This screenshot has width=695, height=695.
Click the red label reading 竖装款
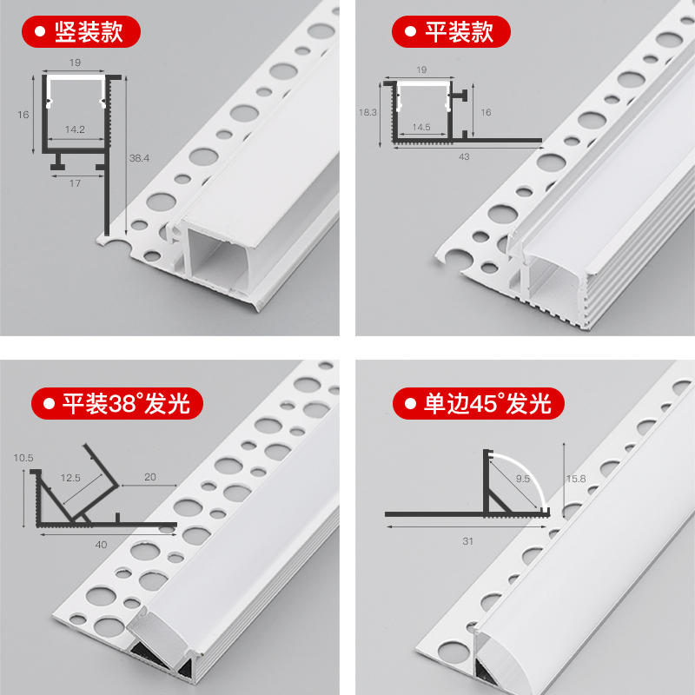(x=81, y=31)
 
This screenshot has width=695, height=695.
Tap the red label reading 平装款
(x=451, y=31)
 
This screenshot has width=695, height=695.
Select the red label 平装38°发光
(x=117, y=403)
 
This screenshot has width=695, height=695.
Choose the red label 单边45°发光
(x=479, y=403)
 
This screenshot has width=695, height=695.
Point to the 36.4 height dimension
(x=139, y=158)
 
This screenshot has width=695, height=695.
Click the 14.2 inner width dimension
(x=75, y=129)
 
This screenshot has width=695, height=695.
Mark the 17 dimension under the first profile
(x=75, y=183)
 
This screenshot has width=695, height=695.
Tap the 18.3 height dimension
(x=367, y=112)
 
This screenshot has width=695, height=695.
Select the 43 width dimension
(x=464, y=157)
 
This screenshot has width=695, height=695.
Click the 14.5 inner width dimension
(x=421, y=127)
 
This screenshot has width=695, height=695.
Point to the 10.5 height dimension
(x=23, y=458)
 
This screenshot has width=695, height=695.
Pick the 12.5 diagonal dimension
(x=70, y=478)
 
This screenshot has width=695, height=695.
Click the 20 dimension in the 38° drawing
(x=150, y=477)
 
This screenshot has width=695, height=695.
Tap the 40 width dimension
(x=101, y=545)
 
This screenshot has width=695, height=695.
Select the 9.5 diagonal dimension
(x=523, y=479)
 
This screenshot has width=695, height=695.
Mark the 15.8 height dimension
(x=576, y=479)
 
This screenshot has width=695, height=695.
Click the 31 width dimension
(x=468, y=541)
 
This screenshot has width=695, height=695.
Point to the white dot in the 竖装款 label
(x=40, y=31)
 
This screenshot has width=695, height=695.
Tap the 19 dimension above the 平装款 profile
(x=421, y=69)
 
